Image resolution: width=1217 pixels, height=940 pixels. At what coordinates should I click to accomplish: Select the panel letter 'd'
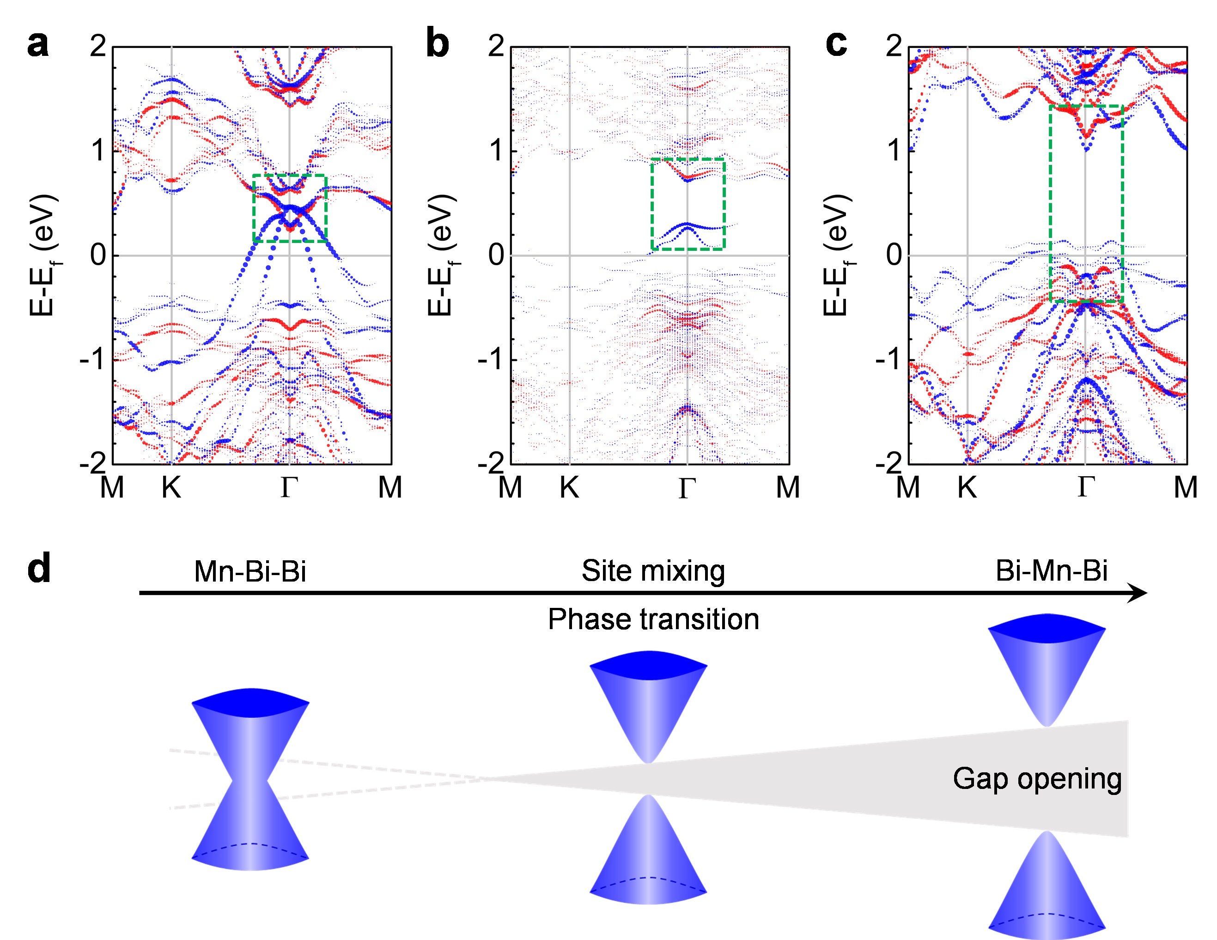[39, 568]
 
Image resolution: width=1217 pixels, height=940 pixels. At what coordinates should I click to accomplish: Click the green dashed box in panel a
[254, 208]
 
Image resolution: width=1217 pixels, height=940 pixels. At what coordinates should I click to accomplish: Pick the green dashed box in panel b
[652, 204]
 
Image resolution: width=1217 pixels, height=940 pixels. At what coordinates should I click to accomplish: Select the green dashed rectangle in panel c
[1050, 203]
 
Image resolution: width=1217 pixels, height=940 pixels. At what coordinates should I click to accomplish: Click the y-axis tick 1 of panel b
[496, 151]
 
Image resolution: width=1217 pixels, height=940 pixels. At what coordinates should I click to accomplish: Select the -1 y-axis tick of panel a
[92, 360]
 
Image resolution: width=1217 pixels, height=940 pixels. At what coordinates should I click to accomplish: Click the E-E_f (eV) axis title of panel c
[836, 255]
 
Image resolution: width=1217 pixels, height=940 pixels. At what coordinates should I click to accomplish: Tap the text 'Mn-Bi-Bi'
[250, 571]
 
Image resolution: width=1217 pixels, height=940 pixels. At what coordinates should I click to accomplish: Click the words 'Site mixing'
[653, 570]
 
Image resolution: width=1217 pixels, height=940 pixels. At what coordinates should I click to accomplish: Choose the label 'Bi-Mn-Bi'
[1052, 570]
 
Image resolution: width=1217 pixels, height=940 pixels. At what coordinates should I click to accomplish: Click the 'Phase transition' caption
[653, 619]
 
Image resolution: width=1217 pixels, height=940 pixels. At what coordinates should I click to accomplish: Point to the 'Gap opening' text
[1037, 779]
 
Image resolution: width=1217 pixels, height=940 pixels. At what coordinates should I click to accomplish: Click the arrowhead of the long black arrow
[1137, 593]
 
